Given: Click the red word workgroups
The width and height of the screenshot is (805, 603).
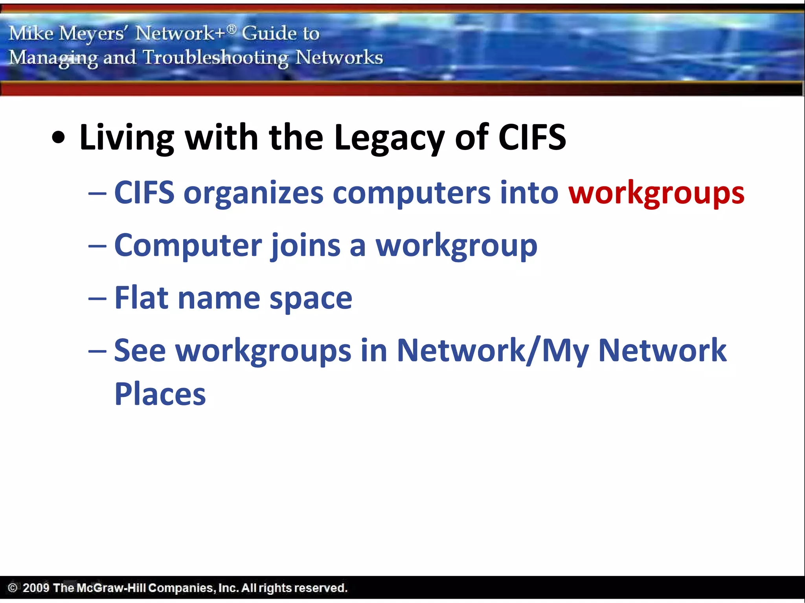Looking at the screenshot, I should (x=656, y=193).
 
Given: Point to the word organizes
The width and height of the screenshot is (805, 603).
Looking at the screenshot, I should (x=254, y=193).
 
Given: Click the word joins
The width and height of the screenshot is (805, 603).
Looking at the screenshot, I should (x=306, y=245).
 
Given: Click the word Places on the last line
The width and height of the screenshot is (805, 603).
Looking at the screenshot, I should (x=160, y=394).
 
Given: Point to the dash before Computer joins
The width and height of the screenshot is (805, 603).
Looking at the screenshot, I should (x=97, y=246).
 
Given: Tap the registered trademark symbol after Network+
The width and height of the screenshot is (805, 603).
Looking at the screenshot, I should (x=232, y=29).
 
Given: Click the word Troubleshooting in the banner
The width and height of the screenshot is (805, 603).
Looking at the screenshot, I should (x=215, y=58).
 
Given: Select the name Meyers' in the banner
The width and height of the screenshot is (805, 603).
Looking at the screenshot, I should (x=92, y=33).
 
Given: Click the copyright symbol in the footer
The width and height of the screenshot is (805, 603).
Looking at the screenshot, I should (x=13, y=588).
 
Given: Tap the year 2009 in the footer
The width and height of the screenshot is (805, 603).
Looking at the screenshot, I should (x=36, y=588).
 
